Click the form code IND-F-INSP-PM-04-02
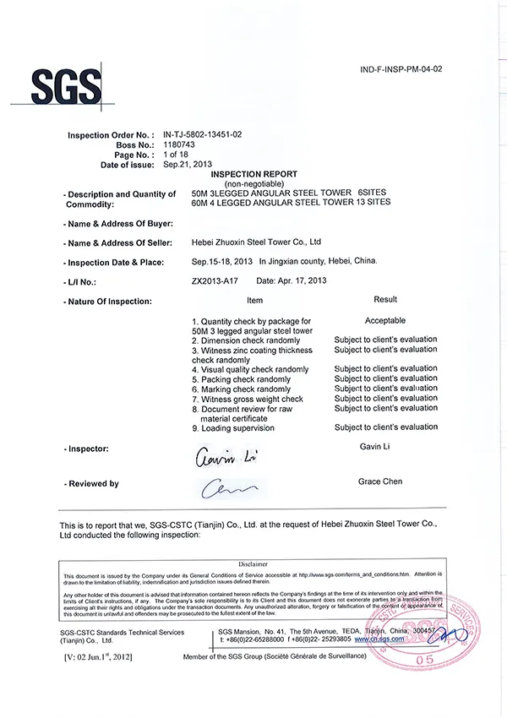tap(401, 69)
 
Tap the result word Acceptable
tap(384, 321)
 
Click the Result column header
tap(385, 300)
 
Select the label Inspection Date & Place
tap(116, 262)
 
